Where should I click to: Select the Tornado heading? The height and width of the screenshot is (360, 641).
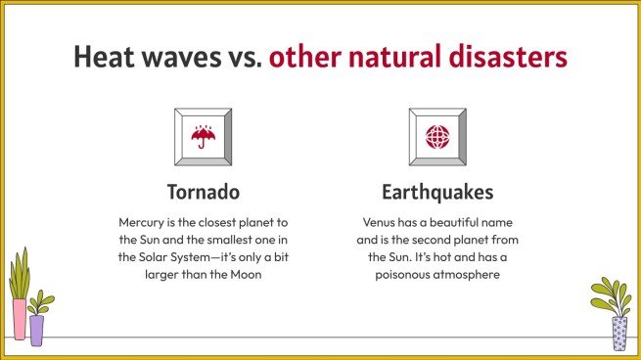[x=203, y=190]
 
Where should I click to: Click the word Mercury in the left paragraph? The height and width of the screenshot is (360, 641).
[x=145, y=222]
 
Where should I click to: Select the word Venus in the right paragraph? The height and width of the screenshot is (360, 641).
[x=382, y=222]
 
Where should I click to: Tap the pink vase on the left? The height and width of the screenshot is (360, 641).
[x=19, y=319]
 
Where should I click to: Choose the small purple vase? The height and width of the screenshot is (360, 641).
[x=37, y=330]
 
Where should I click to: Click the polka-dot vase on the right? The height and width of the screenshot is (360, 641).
[x=618, y=333]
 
